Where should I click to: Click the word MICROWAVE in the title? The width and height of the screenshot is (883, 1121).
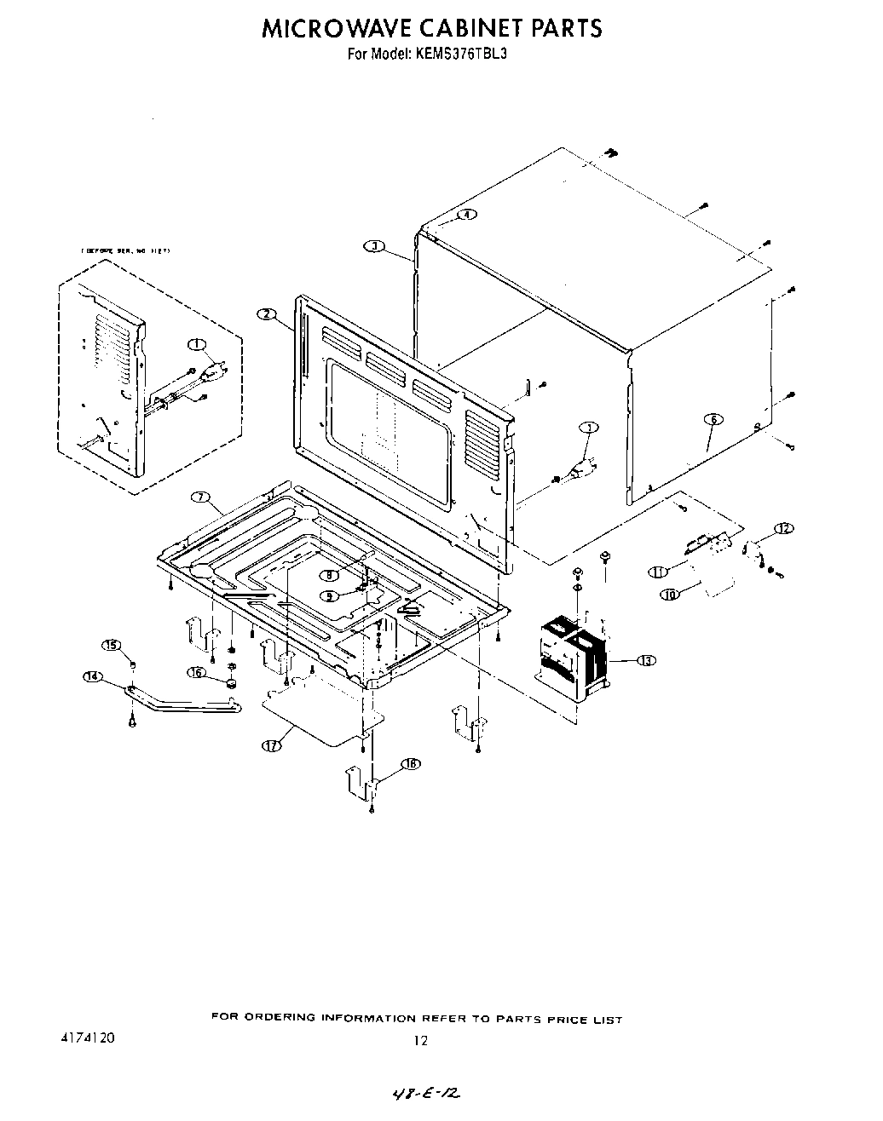click(335, 28)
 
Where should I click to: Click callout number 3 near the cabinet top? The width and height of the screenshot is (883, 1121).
click(372, 246)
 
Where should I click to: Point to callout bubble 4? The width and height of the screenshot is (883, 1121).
click(466, 214)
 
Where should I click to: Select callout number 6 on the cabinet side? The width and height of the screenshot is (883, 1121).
click(713, 418)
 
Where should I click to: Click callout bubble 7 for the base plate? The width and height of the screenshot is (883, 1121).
click(200, 497)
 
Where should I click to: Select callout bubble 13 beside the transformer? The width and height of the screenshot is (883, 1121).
click(647, 660)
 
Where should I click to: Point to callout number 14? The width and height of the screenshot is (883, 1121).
click(92, 676)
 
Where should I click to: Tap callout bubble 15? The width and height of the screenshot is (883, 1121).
click(112, 645)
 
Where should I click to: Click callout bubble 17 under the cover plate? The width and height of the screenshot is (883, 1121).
click(271, 744)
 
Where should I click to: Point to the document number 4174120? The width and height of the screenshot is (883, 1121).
click(88, 1038)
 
